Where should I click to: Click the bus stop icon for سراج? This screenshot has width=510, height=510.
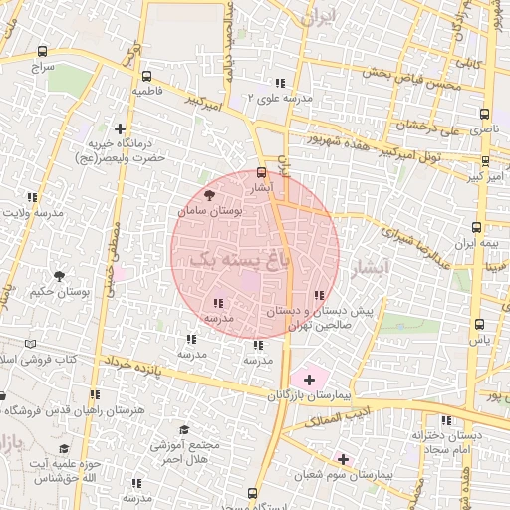point(41,51)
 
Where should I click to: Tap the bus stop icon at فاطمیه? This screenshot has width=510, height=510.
point(147,76)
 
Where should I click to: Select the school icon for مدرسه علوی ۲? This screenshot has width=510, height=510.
point(280,83)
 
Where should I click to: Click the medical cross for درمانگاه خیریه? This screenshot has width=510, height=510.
point(121,128)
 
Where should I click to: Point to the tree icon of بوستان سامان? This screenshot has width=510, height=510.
point(208,195)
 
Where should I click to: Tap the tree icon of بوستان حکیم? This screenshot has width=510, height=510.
point(59,276)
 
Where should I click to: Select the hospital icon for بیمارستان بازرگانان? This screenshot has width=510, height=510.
point(309,380)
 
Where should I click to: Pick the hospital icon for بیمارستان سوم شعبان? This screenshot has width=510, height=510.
point(344,459)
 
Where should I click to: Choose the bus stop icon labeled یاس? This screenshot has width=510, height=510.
point(480,324)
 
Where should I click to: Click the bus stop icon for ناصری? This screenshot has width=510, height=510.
point(484,115)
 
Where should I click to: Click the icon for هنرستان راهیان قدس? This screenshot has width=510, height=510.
point(94,394)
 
